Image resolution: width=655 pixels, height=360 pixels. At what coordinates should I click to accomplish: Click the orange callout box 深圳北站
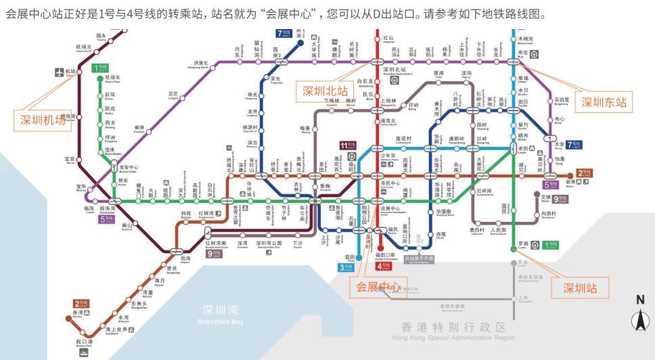(x=325, y=91)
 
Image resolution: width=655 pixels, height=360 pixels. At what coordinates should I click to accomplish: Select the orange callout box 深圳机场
(x=41, y=120)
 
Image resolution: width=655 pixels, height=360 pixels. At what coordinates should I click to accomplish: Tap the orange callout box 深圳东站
(x=604, y=103)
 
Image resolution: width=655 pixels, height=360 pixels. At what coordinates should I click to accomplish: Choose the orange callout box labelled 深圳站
(x=579, y=288)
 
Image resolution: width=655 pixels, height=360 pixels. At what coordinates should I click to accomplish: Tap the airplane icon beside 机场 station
(x=59, y=72)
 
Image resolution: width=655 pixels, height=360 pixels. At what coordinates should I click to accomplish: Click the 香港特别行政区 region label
(x=448, y=328)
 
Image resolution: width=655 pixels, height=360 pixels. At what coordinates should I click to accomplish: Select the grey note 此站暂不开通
(x=418, y=258)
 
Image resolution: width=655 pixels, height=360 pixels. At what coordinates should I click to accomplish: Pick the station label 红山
(x=388, y=39)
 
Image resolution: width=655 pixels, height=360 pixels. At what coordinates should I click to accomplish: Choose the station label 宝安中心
(x=129, y=168)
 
